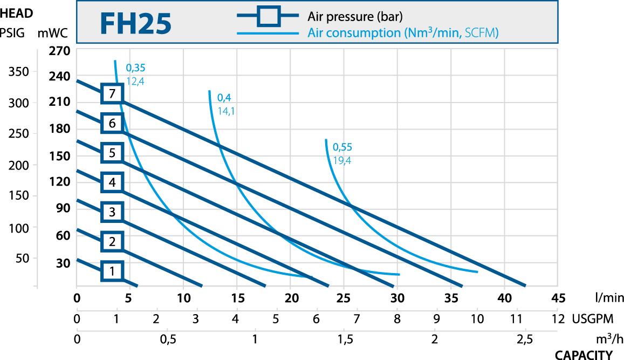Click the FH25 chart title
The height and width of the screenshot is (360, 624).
135,23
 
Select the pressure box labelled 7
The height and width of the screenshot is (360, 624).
112,93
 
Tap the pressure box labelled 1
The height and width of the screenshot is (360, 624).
112,271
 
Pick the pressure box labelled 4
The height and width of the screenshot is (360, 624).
112,182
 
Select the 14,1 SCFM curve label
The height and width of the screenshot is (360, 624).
227,111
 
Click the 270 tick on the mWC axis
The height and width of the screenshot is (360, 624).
60,52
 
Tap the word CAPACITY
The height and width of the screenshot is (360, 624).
584,355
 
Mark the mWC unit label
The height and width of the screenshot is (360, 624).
52,33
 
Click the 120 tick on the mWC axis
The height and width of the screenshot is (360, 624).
60,182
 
